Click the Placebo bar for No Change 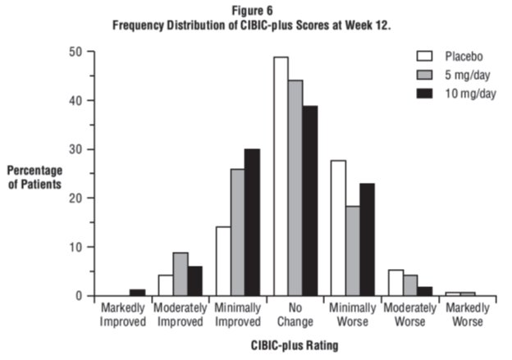coord(281,176)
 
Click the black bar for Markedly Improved coord(138,293)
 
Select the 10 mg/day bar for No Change coord(309,201)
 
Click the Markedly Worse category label coord(464,316)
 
